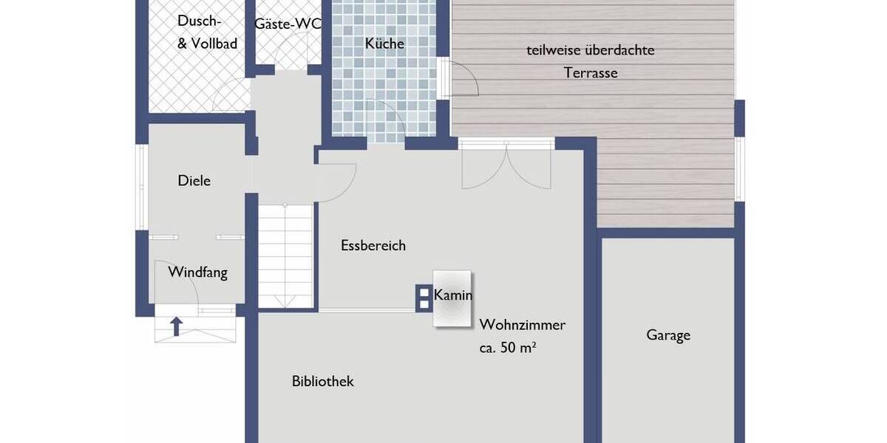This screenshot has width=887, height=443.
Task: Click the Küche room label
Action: click(x=384, y=44)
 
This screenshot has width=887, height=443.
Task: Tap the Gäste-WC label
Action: click(x=288, y=24)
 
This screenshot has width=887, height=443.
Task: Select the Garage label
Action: click(x=668, y=335)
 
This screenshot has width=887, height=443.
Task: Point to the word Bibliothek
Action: click(x=323, y=382)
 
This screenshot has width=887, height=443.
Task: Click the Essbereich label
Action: click(x=373, y=246)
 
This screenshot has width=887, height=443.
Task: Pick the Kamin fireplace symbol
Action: click(x=452, y=298)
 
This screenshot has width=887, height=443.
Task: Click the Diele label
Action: click(x=194, y=181)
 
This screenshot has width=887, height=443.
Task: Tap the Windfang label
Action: click(x=197, y=272)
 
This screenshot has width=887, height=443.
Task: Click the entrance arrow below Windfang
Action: click(x=176, y=326)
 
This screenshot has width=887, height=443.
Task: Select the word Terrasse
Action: click(x=591, y=73)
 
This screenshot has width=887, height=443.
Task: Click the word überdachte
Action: click(x=619, y=51)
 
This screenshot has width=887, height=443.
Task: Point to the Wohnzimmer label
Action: click(x=523, y=325)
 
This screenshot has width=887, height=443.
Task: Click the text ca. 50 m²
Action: click(x=507, y=348)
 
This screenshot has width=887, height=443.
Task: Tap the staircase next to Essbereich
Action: click(x=285, y=255)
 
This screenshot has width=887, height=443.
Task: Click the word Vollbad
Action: click(x=214, y=44)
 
